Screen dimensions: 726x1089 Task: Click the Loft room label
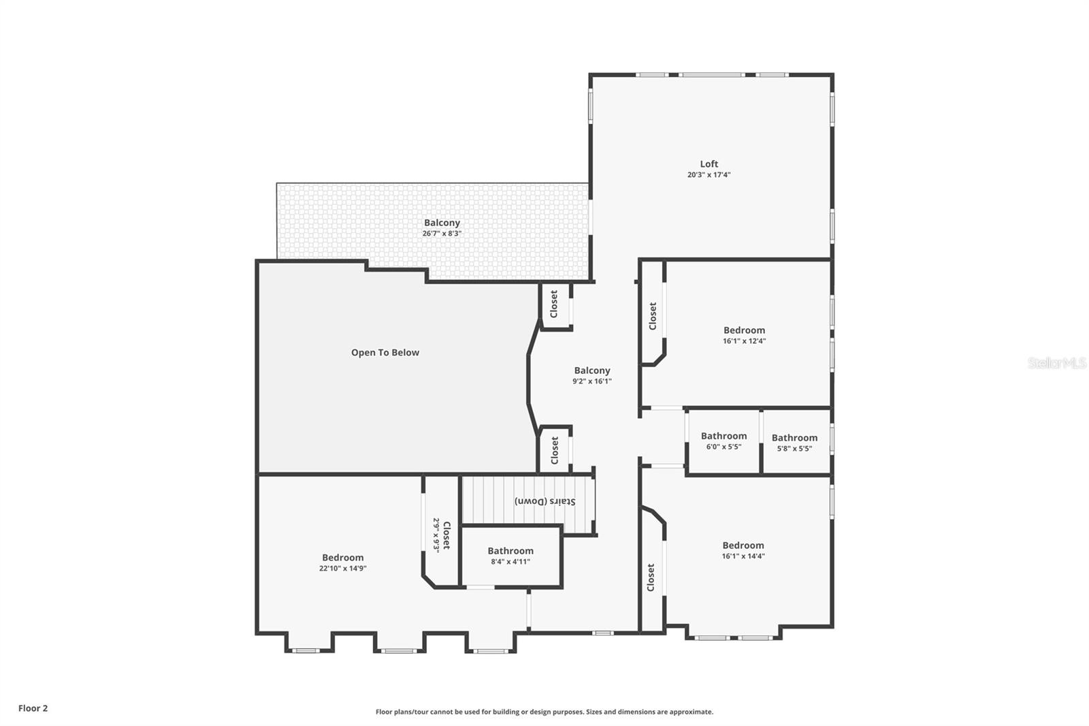709,163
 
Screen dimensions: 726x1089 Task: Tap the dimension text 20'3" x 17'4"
709,175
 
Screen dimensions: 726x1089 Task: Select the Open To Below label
385,352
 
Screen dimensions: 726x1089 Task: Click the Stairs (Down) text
544,501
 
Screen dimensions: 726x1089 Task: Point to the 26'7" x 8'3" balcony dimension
442,234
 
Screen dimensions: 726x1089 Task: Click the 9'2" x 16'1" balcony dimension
591,381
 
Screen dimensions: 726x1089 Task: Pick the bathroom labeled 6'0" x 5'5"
724,441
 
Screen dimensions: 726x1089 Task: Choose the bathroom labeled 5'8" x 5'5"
794,443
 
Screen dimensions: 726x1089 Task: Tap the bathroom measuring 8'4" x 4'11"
510,556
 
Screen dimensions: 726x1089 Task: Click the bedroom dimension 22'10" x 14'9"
342,568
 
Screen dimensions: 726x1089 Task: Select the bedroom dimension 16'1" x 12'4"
744,341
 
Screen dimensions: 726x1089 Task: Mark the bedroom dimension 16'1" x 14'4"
743,556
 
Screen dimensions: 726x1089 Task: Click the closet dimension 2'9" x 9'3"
436,535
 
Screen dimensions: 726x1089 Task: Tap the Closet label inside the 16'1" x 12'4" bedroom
653,316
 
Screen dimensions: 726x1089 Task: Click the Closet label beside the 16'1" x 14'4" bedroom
651,577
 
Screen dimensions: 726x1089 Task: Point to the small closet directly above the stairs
555,450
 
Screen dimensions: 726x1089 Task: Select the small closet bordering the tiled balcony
554,304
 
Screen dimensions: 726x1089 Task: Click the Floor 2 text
33,708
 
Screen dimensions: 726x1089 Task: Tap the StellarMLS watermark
1056,364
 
